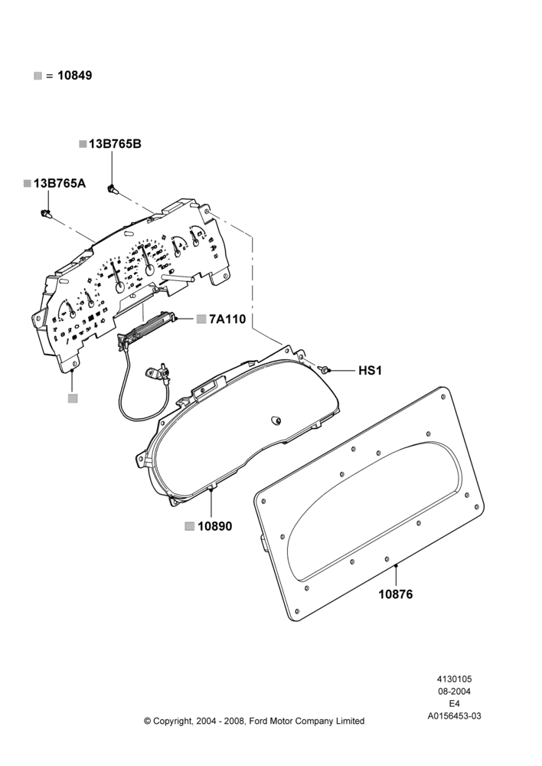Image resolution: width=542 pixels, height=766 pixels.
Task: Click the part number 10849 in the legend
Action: pos(74,76)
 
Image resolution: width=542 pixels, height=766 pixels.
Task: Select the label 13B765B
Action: pos(116,144)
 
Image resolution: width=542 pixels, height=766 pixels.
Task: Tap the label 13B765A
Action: pos(60,183)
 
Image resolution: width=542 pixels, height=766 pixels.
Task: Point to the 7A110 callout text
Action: pos(227,319)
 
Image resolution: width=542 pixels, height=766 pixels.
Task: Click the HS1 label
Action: pos(370,371)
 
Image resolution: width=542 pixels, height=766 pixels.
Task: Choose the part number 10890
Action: pos(215,526)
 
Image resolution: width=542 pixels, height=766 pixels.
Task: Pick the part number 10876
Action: pos(396,594)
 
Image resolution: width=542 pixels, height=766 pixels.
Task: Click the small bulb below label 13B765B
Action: pos(113,188)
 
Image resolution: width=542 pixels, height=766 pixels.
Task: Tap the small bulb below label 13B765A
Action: pos(47,214)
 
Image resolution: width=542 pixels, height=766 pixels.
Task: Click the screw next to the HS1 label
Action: pos(325,369)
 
